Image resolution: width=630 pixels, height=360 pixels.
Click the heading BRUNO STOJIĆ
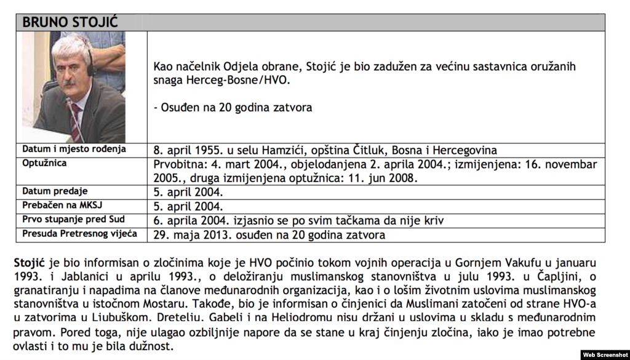(71, 23)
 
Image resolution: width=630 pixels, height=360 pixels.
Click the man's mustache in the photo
(70, 83)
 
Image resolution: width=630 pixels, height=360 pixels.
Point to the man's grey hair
(69, 48)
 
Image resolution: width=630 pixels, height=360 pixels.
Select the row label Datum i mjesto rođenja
(74, 149)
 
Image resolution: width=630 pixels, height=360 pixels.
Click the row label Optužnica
(44, 163)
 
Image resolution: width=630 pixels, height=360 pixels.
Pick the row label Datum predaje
(55, 191)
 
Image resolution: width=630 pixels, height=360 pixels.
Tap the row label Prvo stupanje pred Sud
(73, 220)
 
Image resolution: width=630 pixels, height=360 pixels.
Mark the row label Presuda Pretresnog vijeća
(79, 234)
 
